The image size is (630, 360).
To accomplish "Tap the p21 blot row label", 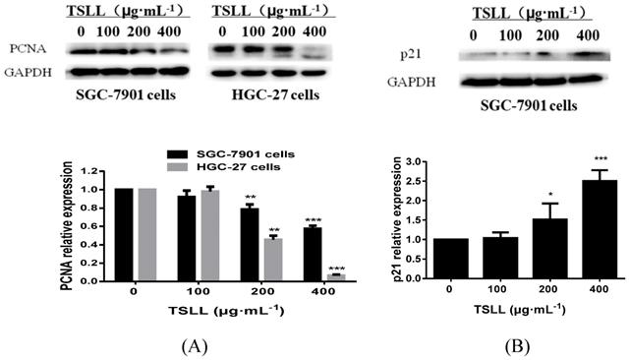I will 429,49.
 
